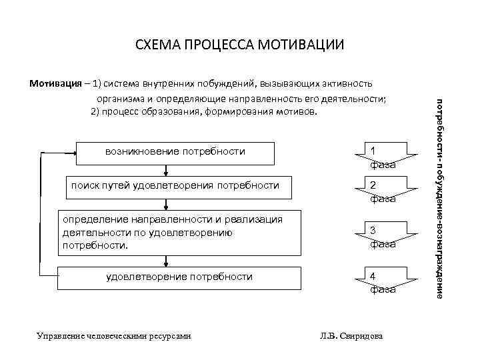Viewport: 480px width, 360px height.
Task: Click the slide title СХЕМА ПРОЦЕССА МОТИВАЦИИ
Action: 239,46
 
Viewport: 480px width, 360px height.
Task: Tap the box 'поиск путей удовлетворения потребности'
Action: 175,186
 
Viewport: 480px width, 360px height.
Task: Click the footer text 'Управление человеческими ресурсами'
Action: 114,335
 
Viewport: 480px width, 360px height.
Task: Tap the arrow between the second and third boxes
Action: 175,204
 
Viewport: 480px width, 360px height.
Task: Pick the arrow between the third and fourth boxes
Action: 175,261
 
